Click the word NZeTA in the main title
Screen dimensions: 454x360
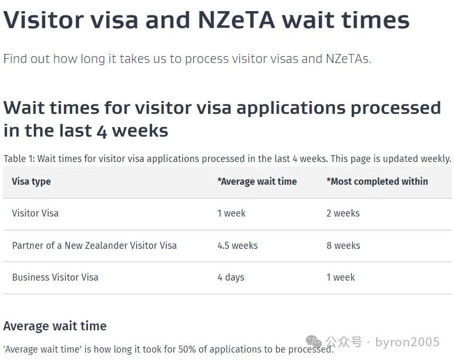[x=237, y=20]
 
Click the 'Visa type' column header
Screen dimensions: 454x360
[x=31, y=182]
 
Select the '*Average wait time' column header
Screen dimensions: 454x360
[x=257, y=182]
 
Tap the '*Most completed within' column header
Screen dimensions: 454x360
[x=377, y=182]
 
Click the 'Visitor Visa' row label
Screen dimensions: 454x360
[x=35, y=213]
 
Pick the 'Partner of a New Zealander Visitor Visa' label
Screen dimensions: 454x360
[x=94, y=246]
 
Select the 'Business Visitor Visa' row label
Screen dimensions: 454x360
[x=55, y=277]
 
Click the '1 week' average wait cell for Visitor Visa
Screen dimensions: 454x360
[x=232, y=213]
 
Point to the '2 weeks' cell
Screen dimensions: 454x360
[x=343, y=213]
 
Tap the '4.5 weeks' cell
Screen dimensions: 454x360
[x=238, y=246]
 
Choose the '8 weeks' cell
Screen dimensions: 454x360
[x=343, y=246]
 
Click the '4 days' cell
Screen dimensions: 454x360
[x=231, y=277]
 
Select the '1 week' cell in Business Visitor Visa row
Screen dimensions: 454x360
[x=341, y=277]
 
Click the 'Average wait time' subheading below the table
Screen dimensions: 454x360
[x=55, y=326]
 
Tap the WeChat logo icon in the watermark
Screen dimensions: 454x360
[x=314, y=341]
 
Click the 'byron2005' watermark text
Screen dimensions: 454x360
[x=407, y=342]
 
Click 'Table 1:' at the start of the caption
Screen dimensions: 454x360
[x=19, y=159]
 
